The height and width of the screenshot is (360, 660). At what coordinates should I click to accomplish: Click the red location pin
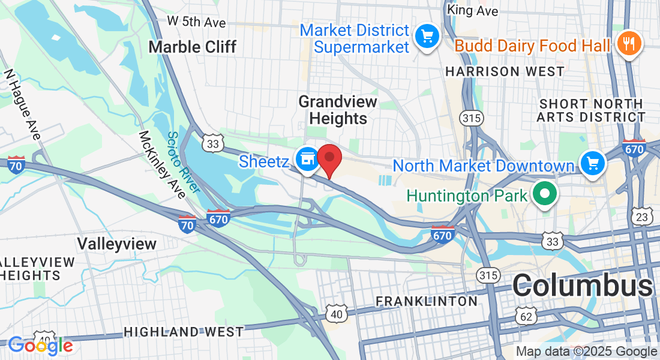pyautogui.click(x=329, y=158)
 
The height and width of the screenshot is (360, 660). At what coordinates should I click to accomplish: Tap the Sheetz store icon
pyautogui.click(x=308, y=159)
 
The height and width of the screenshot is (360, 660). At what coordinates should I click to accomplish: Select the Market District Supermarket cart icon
pyautogui.click(x=427, y=38)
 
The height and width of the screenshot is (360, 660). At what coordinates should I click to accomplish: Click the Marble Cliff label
pyautogui.click(x=192, y=47)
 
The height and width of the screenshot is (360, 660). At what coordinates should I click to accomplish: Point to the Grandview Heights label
pyautogui.click(x=338, y=110)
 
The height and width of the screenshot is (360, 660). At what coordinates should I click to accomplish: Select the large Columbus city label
pyautogui.click(x=582, y=286)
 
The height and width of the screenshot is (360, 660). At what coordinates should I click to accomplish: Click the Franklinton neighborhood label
pyautogui.click(x=427, y=301)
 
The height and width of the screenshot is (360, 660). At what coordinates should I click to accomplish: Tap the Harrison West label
pyautogui.click(x=505, y=71)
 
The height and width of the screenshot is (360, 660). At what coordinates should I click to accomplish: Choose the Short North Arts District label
pyautogui.click(x=591, y=110)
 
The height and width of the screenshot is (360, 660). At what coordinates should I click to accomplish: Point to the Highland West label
pyautogui.click(x=184, y=332)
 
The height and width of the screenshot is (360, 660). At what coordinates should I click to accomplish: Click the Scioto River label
pyautogui.click(x=183, y=163)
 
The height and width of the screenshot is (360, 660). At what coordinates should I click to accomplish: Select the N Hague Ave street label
pyautogui.click(x=22, y=104)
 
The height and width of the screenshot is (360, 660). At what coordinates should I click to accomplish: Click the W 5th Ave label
pyautogui.click(x=197, y=22)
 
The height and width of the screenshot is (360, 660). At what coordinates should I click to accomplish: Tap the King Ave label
pyautogui.click(x=473, y=11)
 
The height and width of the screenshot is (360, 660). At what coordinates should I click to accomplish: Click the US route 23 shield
pyautogui.click(x=643, y=217)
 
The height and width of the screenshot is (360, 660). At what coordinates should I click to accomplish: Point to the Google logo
pyautogui.click(x=40, y=346)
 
